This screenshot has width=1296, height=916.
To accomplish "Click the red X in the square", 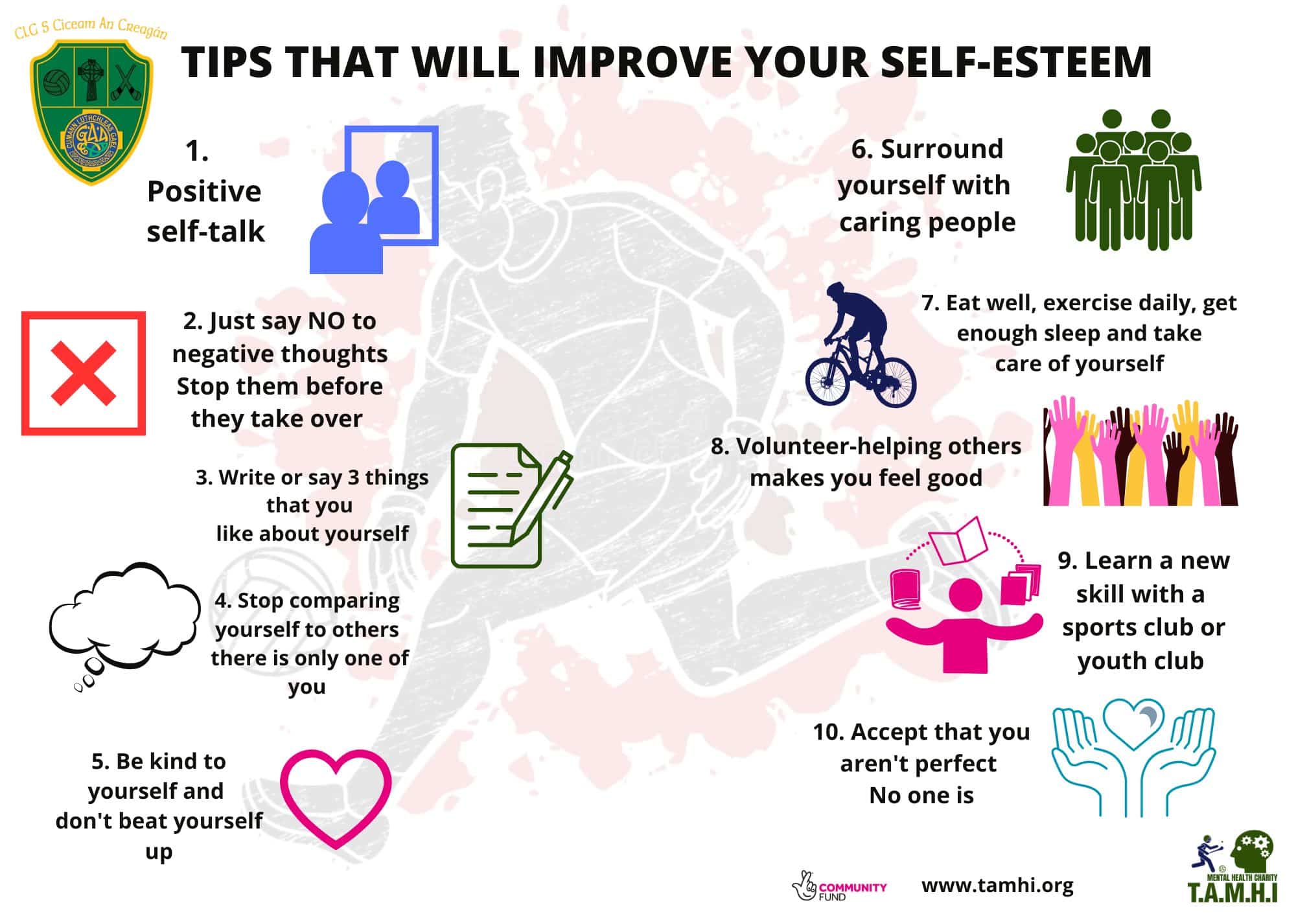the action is click(84, 374).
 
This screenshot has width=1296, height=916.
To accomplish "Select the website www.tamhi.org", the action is click(997, 885).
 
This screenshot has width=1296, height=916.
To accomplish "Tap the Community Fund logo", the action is click(839, 886).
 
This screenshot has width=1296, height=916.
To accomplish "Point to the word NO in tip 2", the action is click(326, 321).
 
